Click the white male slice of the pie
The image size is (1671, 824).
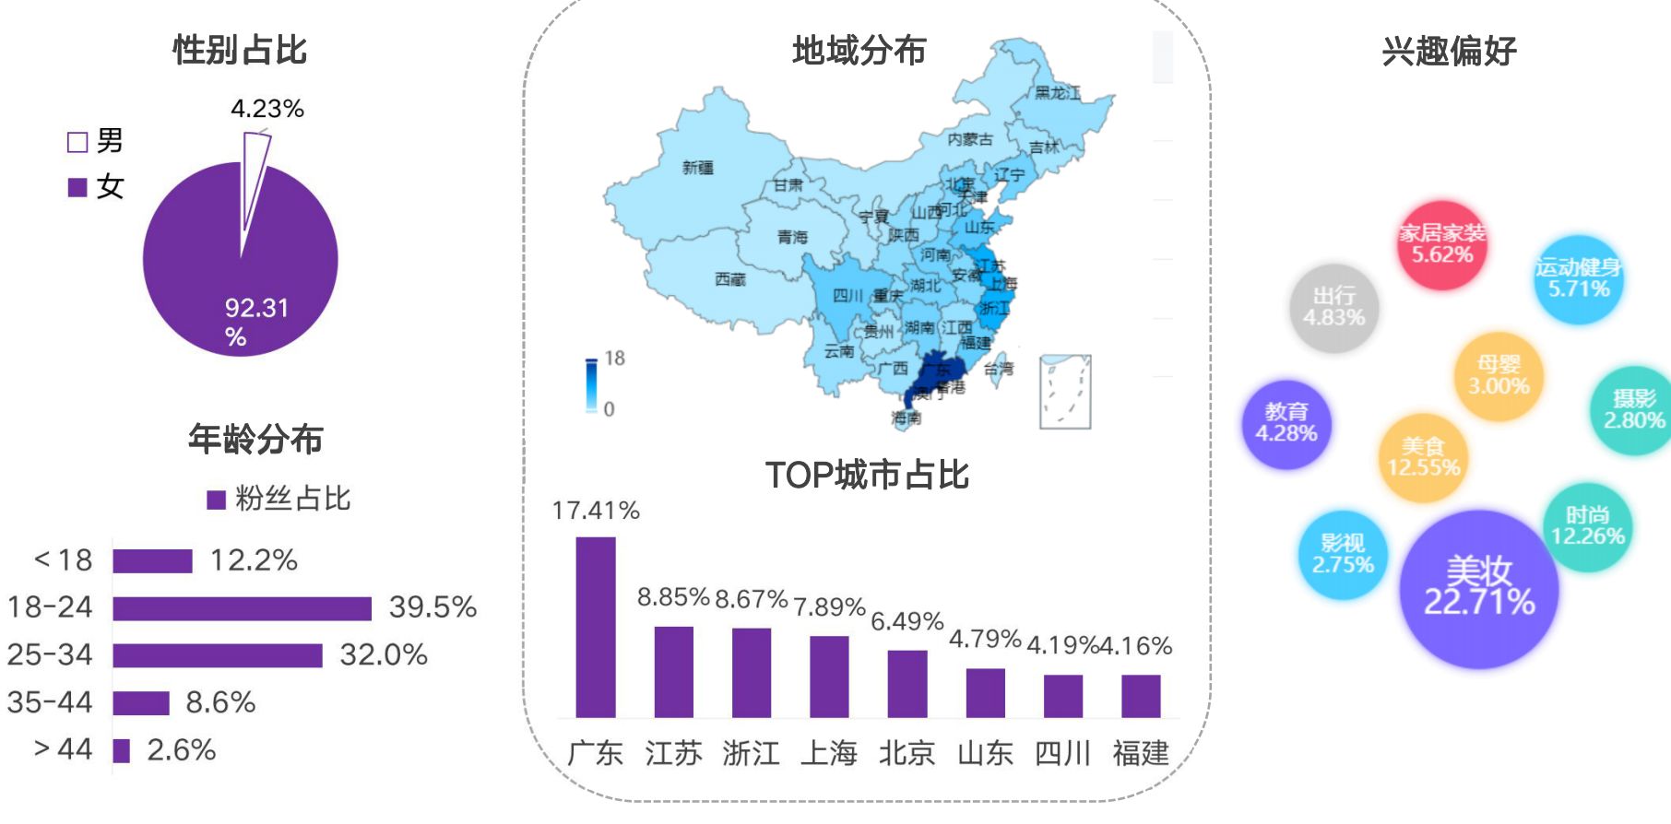tap(253, 180)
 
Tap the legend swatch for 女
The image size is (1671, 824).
tap(77, 187)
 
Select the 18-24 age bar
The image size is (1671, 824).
tap(242, 608)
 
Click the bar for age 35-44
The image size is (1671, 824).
tap(141, 703)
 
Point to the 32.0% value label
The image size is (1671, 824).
tap(384, 655)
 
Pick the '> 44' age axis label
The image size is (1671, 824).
tap(63, 749)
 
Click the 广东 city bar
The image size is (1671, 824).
tap(596, 627)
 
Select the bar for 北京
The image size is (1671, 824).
tap(907, 683)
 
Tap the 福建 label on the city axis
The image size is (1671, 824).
tap(1141, 753)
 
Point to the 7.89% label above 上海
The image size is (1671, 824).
tap(829, 607)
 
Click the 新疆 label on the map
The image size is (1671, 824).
tap(698, 167)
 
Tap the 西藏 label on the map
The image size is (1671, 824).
tap(730, 278)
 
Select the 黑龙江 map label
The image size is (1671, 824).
tap(1057, 92)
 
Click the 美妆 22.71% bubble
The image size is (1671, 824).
tap(1479, 589)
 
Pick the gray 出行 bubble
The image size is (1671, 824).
tap(1333, 307)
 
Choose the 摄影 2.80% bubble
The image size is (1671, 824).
tap(1634, 410)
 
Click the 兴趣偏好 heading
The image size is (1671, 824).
tap(1449, 51)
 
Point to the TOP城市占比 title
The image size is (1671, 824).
tap(867, 475)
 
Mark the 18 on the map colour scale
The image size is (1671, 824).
tap(615, 359)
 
